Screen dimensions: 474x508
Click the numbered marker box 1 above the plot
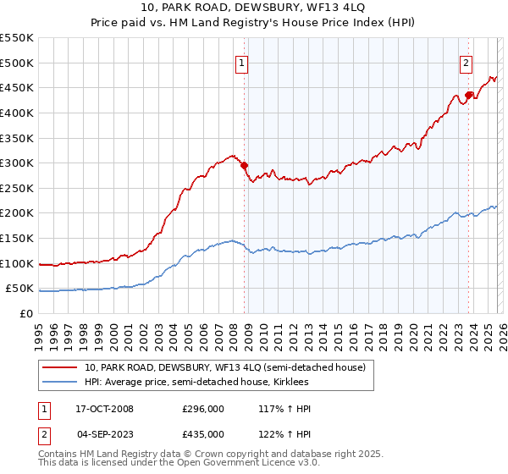click(x=241, y=63)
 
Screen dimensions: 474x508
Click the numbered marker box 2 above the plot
click(x=466, y=63)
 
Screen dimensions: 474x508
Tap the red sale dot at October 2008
click(x=244, y=165)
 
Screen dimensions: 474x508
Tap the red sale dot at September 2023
click(x=468, y=95)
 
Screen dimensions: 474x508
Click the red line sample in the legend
click(x=59, y=367)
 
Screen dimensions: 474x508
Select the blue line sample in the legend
click(x=59, y=383)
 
